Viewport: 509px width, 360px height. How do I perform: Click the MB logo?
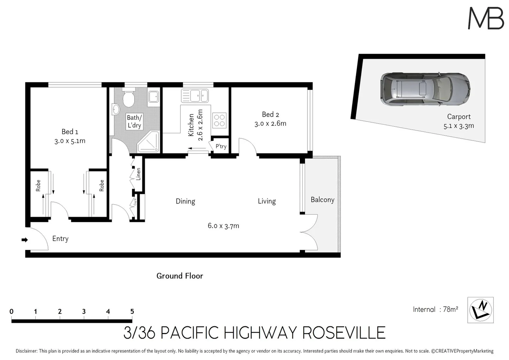[x=486, y=18]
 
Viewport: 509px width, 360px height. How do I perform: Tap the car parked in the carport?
[x=425, y=89]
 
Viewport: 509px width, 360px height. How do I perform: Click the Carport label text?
[x=459, y=117]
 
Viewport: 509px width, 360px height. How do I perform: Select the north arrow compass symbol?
[x=480, y=310]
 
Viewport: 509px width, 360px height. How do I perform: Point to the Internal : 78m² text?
[x=435, y=309]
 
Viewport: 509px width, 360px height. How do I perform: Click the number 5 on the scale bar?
[x=132, y=311]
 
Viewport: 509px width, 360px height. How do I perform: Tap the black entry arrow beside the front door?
[x=25, y=240]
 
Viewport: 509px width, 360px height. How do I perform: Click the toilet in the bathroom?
[x=128, y=98]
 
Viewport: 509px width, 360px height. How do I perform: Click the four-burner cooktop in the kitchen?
[x=219, y=120]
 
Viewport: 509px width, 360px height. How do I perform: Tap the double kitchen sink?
[x=195, y=96]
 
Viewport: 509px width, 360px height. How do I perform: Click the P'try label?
[x=221, y=146]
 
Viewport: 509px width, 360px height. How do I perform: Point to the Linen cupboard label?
[x=138, y=174]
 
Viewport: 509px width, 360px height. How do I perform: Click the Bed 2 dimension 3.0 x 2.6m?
[x=270, y=124]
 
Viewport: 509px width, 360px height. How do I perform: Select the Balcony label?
[x=322, y=200]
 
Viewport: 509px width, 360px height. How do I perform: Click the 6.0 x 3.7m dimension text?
[x=223, y=226]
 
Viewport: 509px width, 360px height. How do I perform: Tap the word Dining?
[x=185, y=201]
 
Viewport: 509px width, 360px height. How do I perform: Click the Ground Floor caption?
[x=180, y=276]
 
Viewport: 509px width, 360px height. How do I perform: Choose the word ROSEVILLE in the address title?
[x=344, y=333]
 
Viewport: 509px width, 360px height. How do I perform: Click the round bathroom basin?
[x=116, y=109]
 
